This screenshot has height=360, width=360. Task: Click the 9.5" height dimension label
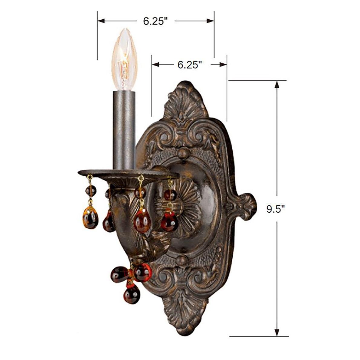pyautogui.click(x=276, y=209)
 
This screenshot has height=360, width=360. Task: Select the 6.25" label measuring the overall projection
pyautogui.click(x=155, y=21)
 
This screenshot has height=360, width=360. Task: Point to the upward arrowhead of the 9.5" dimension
pyautogui.click(x=276, y=84)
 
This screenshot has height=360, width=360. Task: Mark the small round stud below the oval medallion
pyautogui.click(x=181, y=260)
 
